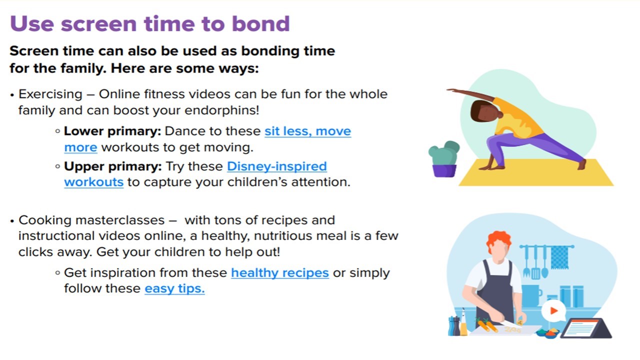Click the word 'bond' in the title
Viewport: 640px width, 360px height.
[x=261, y=23]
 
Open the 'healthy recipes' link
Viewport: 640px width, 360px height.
[x=280, y=273]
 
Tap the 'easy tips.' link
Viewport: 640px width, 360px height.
[x=174, y=288]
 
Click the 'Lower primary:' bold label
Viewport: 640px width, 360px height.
[x=112, y=131]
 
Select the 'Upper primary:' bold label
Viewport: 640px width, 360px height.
[x=113, y=166]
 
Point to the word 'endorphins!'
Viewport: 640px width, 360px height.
[x=222, y=110]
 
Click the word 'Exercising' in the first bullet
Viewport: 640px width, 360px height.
[x=50, y=94]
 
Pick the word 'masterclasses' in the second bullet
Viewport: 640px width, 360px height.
[x=120, y=220]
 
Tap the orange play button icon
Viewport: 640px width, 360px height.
[x=553, y=310]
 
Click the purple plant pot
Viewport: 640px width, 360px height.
[x=444, y=171]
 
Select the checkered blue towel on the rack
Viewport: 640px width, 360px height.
[x=559, y=257]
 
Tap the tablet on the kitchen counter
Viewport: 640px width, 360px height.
[x=585, y=328]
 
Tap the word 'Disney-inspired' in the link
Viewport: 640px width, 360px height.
[x=277, y=166]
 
